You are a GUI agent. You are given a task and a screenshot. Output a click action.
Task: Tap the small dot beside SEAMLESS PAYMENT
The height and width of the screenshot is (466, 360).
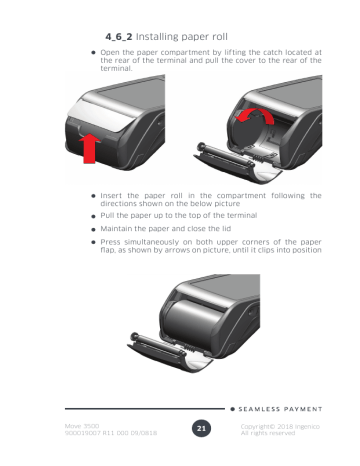point(232,407)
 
